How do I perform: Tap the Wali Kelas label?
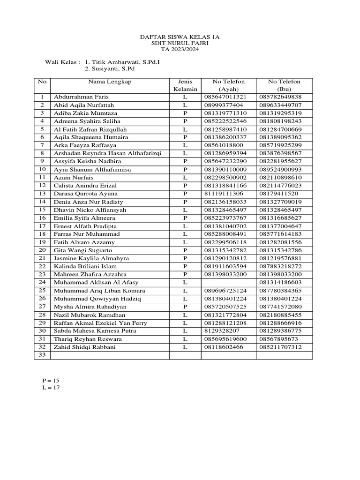[x=62, y=62]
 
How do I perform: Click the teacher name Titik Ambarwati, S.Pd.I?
[x=122, y=62]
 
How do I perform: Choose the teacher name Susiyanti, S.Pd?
[x=107, y=69]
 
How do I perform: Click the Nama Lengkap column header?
[x=110, y=82]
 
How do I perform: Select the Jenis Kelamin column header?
[x=185, y=85]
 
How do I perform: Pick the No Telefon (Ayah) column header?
[x=228, y=85]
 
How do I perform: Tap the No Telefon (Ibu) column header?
[x=284, y=85]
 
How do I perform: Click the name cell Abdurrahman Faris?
[x=81, y=97]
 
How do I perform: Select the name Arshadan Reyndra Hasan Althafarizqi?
[x=107, y=153]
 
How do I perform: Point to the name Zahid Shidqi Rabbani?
[x=84, y=347]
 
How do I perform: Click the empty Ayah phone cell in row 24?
[x=228, y=283]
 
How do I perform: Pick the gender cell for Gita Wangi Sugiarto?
[x=185, y=250]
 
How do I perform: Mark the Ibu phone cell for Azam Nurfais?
[x=284, y=178]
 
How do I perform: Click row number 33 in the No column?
[x=42, y=355]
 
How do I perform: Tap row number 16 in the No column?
[x=42, y=218]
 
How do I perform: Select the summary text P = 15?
[x=51, y=380]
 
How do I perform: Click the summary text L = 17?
[x=51, y=388]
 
